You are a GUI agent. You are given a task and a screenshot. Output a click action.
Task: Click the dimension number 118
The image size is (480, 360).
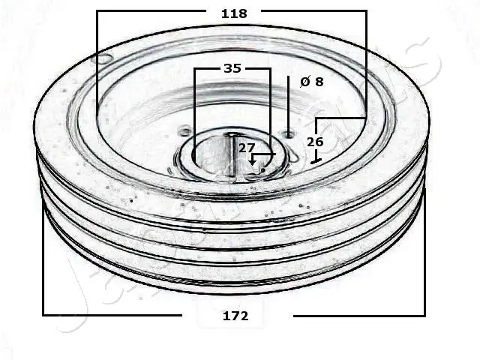point(233,13)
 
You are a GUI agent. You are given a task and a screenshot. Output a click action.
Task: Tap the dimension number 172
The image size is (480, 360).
point(235,316)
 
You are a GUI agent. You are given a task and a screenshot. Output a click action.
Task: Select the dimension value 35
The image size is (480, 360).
point(232,68)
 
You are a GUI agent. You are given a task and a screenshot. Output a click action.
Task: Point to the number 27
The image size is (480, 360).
point(247,148)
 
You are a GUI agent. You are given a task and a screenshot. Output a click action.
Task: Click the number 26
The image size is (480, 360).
point(315,141)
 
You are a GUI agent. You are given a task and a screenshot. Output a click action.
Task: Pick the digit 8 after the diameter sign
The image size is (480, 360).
point(319,82)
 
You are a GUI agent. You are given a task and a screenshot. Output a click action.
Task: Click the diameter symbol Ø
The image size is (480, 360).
point(304,82)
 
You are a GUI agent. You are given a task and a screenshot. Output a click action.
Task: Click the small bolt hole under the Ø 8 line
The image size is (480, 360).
point(289,135)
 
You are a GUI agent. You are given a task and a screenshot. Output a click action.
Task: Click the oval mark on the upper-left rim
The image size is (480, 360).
point(102,58)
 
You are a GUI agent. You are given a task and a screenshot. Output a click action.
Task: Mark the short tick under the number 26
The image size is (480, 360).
point(316,160)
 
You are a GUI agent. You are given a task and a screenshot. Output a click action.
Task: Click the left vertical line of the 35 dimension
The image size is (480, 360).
point(194,105)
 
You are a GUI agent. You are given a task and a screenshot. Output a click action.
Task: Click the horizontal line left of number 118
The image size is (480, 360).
point(150,11)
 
